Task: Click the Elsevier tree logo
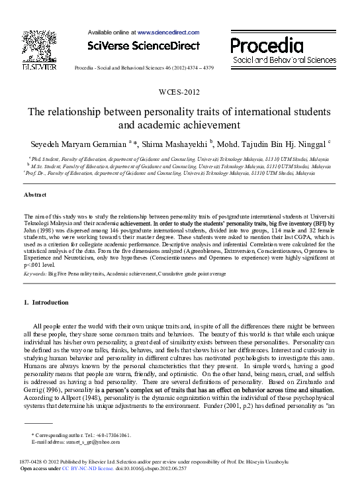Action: [39, 43]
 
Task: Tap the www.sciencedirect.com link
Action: [168, 31]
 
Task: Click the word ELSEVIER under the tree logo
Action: [39, 66]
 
